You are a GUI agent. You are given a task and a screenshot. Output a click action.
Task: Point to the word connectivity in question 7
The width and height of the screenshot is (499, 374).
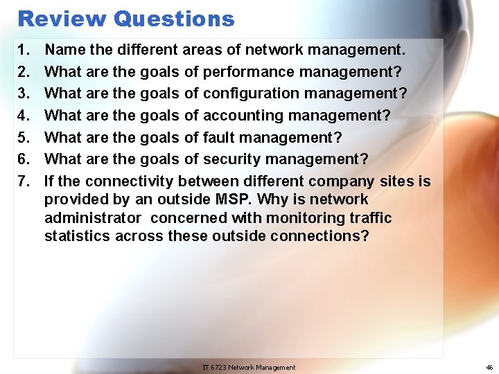pyautogui.click(x=129, y=181)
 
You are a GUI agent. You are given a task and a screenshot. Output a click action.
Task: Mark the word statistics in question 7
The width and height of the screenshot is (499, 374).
pyautogui.click(x=76, y=235)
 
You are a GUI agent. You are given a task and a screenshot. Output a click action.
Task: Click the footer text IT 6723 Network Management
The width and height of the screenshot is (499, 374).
pyautogui.click(x=249, y=367)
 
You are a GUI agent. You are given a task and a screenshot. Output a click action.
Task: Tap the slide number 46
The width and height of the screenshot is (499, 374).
pyautogui.click(x=488, y=367)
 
